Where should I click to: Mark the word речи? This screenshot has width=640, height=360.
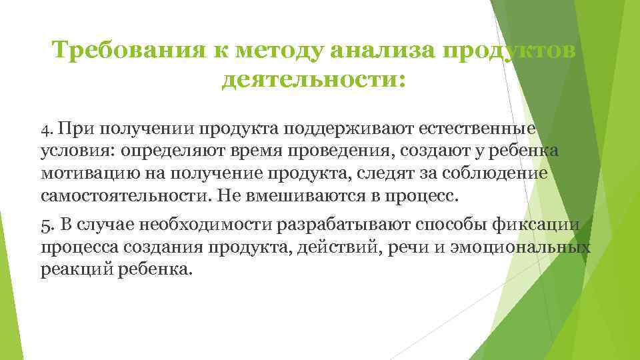tap(417, 248)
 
